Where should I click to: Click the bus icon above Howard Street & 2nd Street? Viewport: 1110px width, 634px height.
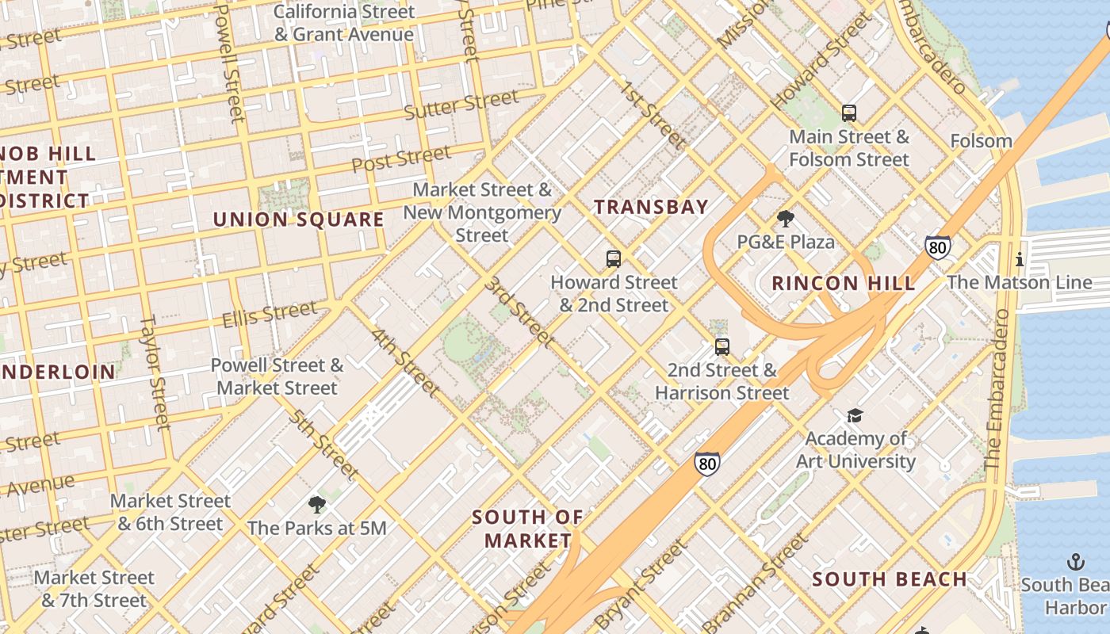click(x=613, y=258)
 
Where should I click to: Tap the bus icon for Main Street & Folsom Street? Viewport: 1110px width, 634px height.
click(x=849, y=113)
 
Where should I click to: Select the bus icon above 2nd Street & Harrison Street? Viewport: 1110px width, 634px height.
click(x=721, y=346)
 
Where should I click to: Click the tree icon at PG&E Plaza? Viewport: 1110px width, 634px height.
click(x=786, y=218)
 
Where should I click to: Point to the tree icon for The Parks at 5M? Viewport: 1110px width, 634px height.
click(x=317, y=504)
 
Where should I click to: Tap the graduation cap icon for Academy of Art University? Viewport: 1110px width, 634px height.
click(x=855, y=415)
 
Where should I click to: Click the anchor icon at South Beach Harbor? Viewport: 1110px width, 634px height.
click(x=1076, y=562)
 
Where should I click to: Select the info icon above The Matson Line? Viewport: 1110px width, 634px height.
click(x=1020, y=259)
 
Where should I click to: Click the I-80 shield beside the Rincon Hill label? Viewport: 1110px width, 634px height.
click(x=938, y=247)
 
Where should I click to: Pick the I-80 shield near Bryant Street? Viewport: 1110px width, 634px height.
click(x=707, y=464)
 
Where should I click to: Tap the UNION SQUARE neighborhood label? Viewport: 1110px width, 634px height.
click(x=298, y=220)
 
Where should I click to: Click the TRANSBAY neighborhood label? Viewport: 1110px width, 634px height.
click(x=651, y=208)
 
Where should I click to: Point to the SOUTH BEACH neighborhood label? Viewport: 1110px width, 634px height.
click(x=890, y=579)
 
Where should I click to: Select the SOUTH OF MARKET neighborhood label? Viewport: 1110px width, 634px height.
click(x=528, y=529)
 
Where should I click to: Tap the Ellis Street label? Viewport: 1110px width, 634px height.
click(x=270, y=315)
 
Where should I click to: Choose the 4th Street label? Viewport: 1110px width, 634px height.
click(x=405, y=361)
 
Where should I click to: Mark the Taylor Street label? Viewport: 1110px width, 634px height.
click(x=155, y=372)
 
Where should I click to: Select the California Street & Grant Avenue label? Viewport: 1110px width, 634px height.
click(x=344, y=23)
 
